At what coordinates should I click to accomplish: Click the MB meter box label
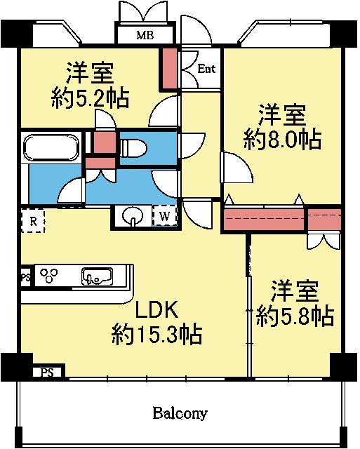145,35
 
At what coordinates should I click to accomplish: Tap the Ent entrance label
206,69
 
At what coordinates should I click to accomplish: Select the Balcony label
180,413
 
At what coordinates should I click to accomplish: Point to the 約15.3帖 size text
157,334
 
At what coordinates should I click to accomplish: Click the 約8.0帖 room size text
282,140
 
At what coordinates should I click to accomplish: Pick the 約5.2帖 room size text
91,98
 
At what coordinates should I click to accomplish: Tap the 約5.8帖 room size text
295,316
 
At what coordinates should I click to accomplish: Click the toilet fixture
133,148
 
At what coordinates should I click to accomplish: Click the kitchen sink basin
97,276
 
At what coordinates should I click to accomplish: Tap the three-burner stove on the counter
48,276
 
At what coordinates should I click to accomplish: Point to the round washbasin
133,216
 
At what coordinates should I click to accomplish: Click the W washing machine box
164,215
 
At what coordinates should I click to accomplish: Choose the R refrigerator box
33,221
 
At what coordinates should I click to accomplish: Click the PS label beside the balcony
47,373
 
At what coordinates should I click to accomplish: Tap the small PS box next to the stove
26,277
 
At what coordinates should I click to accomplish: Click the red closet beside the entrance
170,69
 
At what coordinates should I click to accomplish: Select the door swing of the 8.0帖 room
237,168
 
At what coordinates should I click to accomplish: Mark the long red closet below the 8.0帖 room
263,220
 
